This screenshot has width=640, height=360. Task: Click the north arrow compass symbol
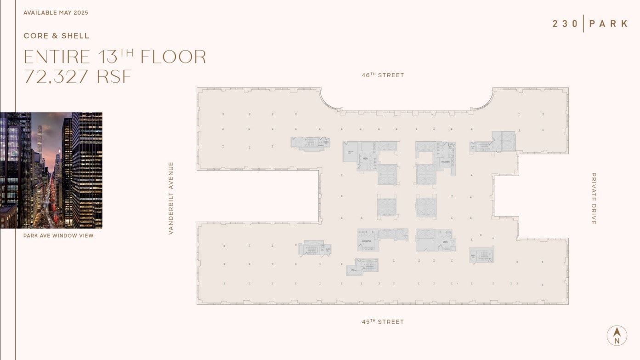[617, 335]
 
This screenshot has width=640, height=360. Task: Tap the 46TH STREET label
[383, 75]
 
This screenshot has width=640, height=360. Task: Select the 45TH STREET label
[383, 322]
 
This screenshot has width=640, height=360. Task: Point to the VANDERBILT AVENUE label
[171, 198]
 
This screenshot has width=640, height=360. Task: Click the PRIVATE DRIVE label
[593, 199]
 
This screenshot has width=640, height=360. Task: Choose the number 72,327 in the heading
[56, 77]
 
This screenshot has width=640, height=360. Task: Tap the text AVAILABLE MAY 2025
[56, 13]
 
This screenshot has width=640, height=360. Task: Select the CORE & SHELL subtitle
[57, 36]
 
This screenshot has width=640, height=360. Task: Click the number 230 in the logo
[565, 24]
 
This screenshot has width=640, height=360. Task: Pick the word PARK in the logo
[608, 24]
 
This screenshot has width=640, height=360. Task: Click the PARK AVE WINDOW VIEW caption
[58, 236]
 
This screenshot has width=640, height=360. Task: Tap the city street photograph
[51, 170]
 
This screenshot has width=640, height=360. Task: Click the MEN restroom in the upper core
[365, 159]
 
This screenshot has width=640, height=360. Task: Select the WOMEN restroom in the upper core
[445, 162]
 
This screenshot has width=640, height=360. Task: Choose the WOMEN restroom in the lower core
[366, 241]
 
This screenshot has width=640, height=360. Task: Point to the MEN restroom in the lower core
[445, 242]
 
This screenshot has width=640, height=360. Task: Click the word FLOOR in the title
[173, 57]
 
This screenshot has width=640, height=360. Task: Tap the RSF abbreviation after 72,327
[114, 77]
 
